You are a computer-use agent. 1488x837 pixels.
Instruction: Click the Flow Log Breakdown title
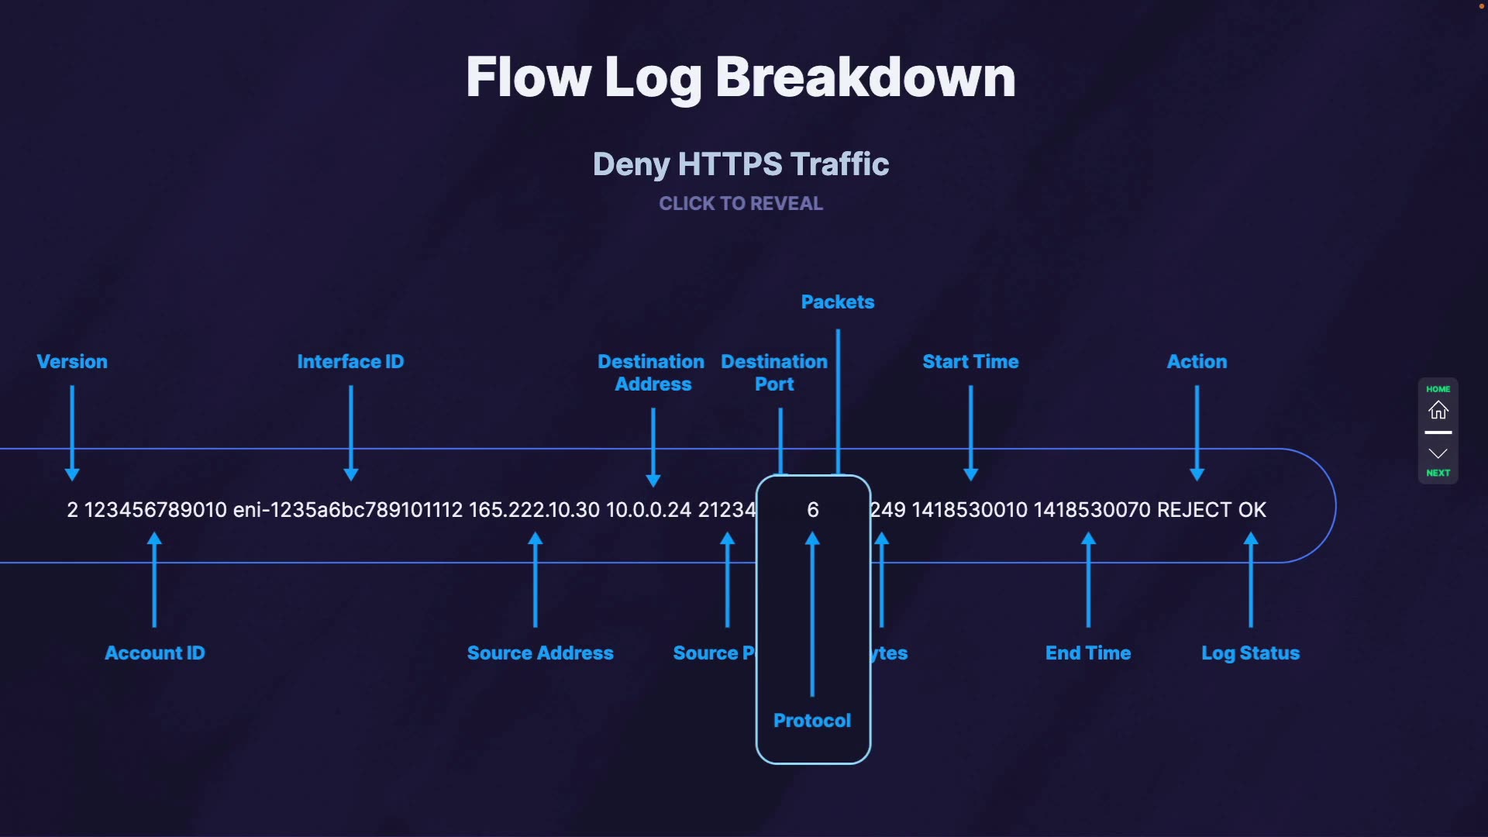point(740,77)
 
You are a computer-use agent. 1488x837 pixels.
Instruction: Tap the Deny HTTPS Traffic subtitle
point(740,164)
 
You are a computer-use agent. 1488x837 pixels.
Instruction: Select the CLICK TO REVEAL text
point(740,204)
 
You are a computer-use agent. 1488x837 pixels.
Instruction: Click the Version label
point(72,362)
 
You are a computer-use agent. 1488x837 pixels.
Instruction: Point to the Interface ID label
point(350,362)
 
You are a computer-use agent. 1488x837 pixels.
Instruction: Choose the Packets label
point(837,302)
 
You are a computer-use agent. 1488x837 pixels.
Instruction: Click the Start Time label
point(970,362)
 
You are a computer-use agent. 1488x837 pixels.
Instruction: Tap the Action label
point(1197,362)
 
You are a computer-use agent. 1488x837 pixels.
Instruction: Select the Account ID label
point(155,653)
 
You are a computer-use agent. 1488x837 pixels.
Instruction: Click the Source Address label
point(540,653)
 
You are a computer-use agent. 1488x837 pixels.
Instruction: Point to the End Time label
point(1088,653)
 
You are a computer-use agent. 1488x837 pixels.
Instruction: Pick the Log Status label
point(1250,653)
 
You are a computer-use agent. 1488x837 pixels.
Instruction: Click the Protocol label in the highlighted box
point(812,721)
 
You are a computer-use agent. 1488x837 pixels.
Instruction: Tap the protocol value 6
point(812,510)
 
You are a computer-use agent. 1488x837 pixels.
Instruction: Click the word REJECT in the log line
point(1193,510)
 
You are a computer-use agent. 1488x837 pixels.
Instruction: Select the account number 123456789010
point(155,510)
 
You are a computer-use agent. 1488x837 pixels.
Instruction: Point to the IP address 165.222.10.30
point(534,510)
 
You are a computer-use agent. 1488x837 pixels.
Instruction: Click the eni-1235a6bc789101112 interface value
point(347,510)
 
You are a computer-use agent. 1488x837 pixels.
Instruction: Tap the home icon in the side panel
point(1438,410)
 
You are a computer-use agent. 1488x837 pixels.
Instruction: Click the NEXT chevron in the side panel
point(1438,455)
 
